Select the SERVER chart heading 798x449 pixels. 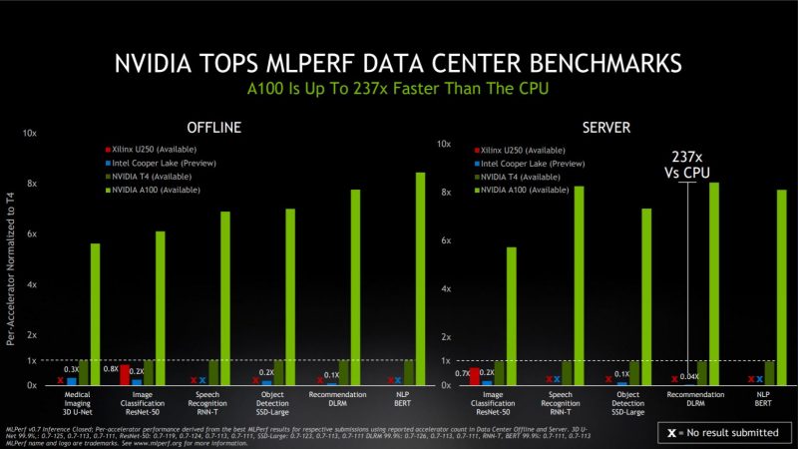pos(611,127)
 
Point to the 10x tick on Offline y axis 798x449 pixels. pos(30,133)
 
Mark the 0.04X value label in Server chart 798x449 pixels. pos(688,376)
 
